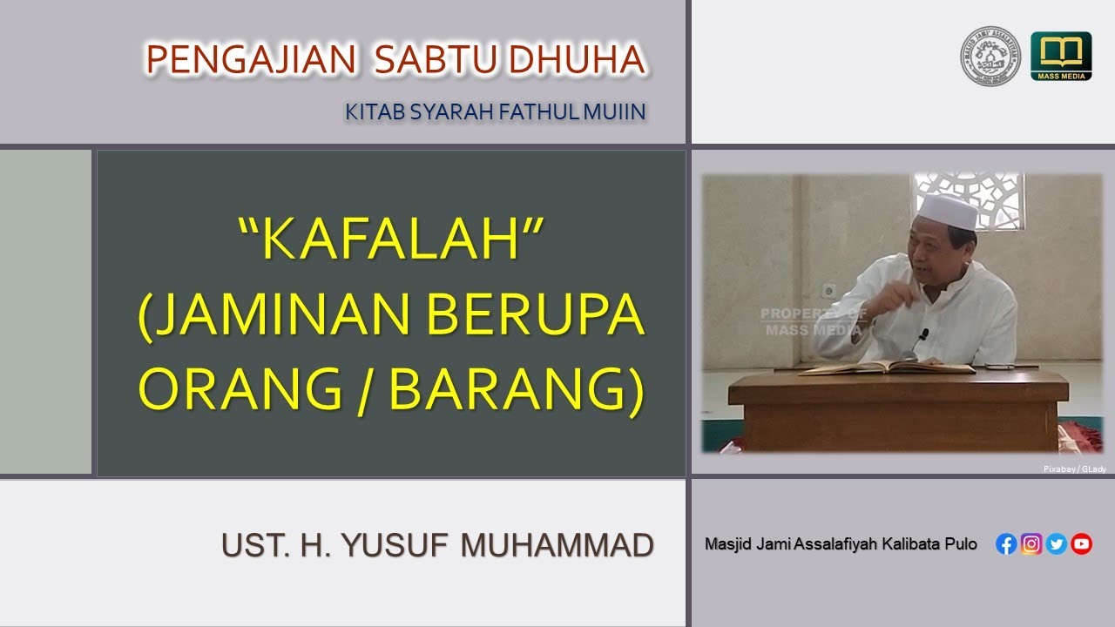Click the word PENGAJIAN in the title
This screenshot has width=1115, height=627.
(251, 59)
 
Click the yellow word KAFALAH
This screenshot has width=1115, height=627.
(391, 239)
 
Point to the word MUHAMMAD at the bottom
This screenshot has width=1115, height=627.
(557, 545)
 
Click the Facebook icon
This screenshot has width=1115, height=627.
(1006, 544)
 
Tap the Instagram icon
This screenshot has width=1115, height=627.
(1031, 544)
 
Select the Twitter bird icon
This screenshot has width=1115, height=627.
(1057, 544)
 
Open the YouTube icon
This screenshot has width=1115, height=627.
(1082, 544)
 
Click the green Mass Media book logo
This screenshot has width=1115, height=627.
(1061, 56)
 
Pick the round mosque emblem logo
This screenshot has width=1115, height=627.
(990, 56)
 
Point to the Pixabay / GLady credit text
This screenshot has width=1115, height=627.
(1075, 469)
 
